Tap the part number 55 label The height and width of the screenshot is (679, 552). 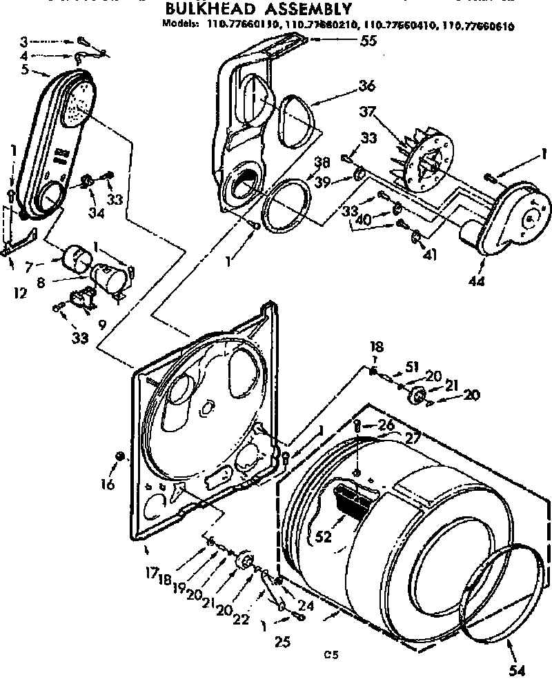tap(368, 41)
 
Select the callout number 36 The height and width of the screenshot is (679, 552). tap(366, 86)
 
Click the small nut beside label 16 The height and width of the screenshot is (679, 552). tap(120, 456)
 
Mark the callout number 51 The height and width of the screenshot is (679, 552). tap(412, 366)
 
